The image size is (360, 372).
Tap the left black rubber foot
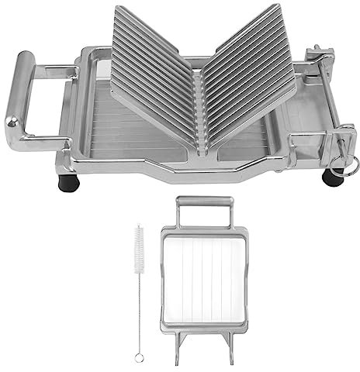click(x=67, y=183)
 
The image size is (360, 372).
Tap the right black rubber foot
click(x=333, y=177)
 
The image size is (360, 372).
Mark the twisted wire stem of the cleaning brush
click(x=138, y=310)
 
